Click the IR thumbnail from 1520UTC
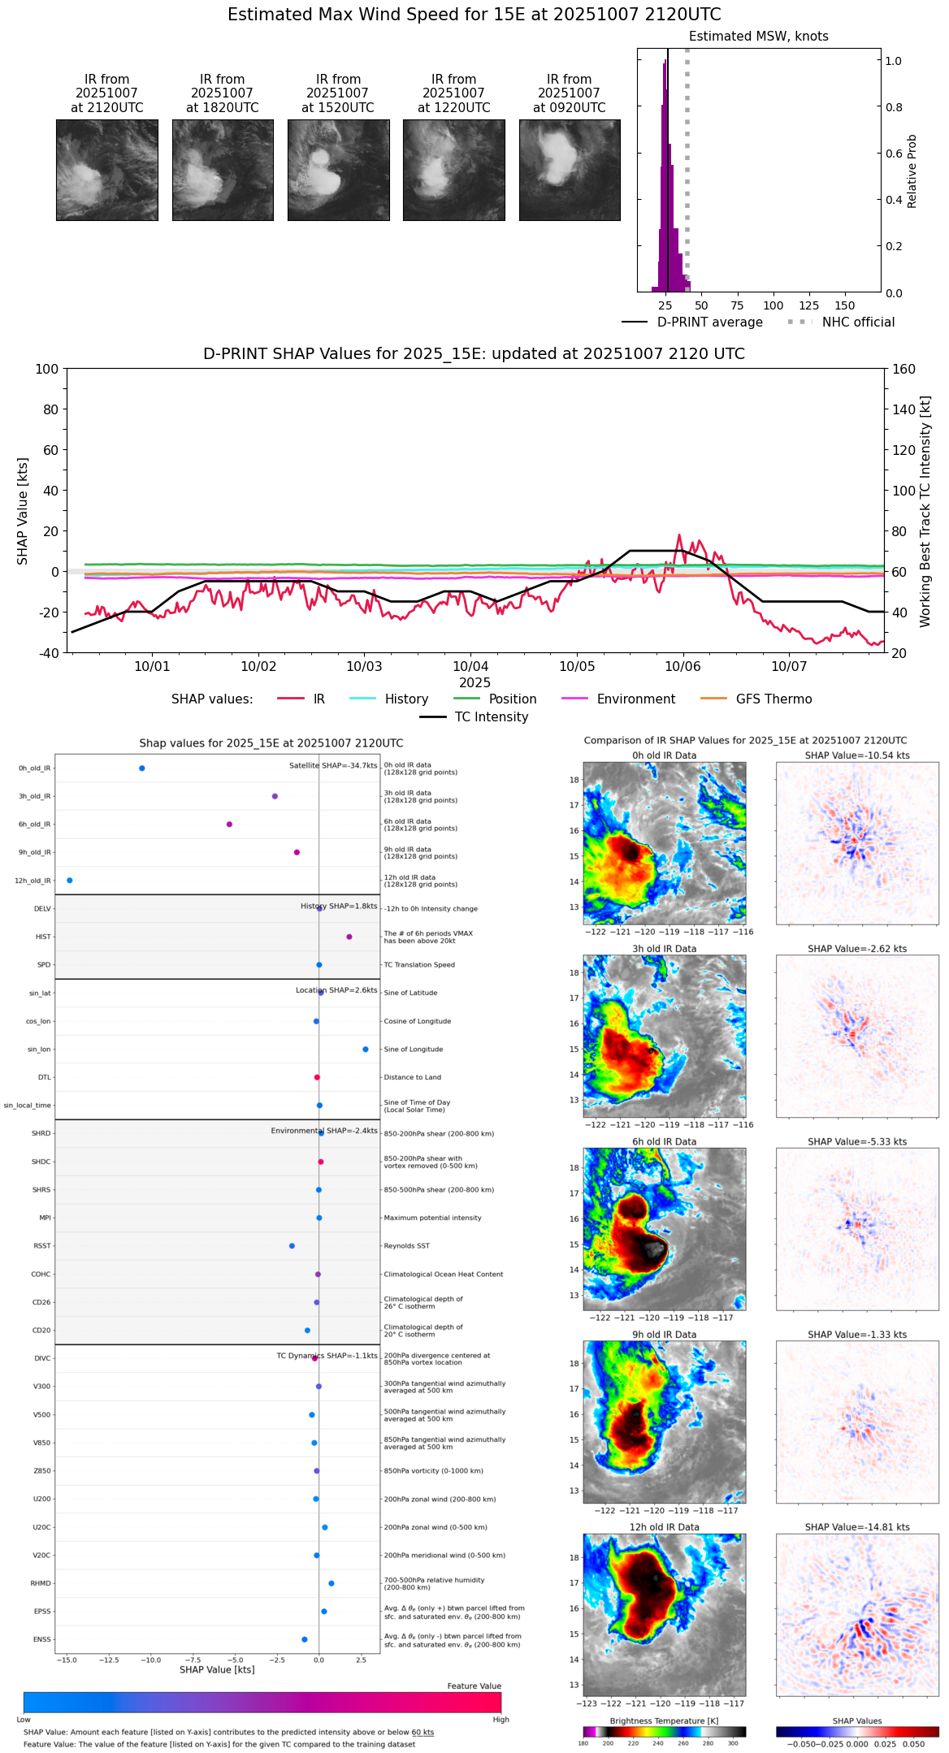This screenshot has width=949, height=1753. point(338,170)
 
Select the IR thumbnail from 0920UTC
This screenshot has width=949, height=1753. point(570,170)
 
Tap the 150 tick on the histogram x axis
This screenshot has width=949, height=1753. point(845,306)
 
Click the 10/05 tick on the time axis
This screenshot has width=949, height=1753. point(576,667)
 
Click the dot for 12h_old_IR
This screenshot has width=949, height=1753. point(69,881)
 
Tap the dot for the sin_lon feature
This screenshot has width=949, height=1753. point(366,1050)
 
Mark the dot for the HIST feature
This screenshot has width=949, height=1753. point(349,937)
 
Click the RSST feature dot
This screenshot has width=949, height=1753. point(292,1246)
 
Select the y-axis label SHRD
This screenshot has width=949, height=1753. point(41,1134)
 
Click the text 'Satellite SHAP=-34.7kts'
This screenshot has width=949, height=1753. point(333,766)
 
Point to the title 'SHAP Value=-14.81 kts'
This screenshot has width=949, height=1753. point(857,1527)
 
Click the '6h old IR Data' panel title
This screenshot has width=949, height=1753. point(664,1141)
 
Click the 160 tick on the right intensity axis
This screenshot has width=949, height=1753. point(904,370)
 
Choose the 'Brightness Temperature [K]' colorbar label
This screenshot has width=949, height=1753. point(664,1721)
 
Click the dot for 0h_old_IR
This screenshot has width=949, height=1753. point(142,768)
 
